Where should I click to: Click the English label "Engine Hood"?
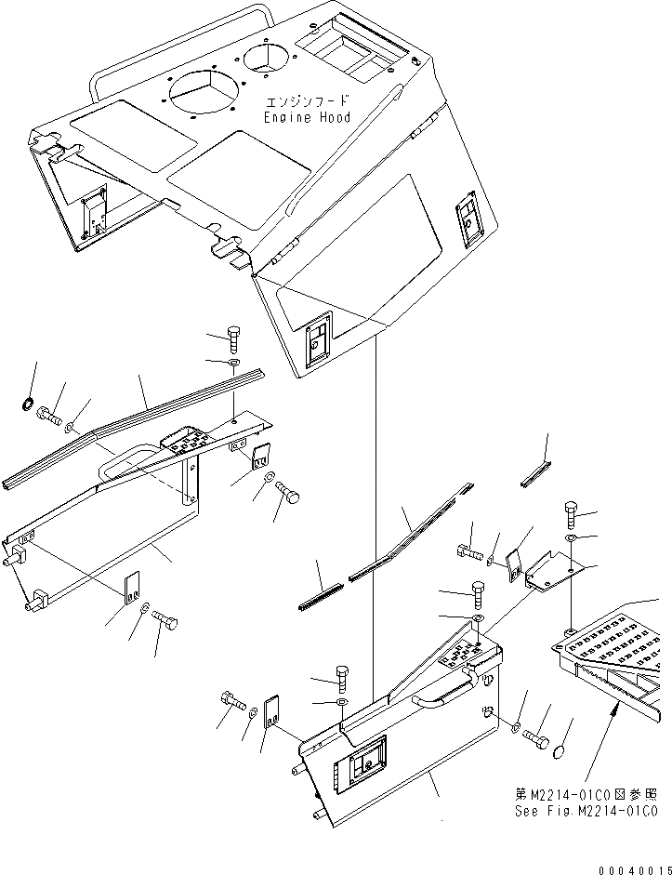307,118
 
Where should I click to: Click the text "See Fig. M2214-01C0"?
586,811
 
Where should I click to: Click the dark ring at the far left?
27,404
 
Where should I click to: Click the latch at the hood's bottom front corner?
317,342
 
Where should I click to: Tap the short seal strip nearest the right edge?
534,474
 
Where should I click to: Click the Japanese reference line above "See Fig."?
586,794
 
